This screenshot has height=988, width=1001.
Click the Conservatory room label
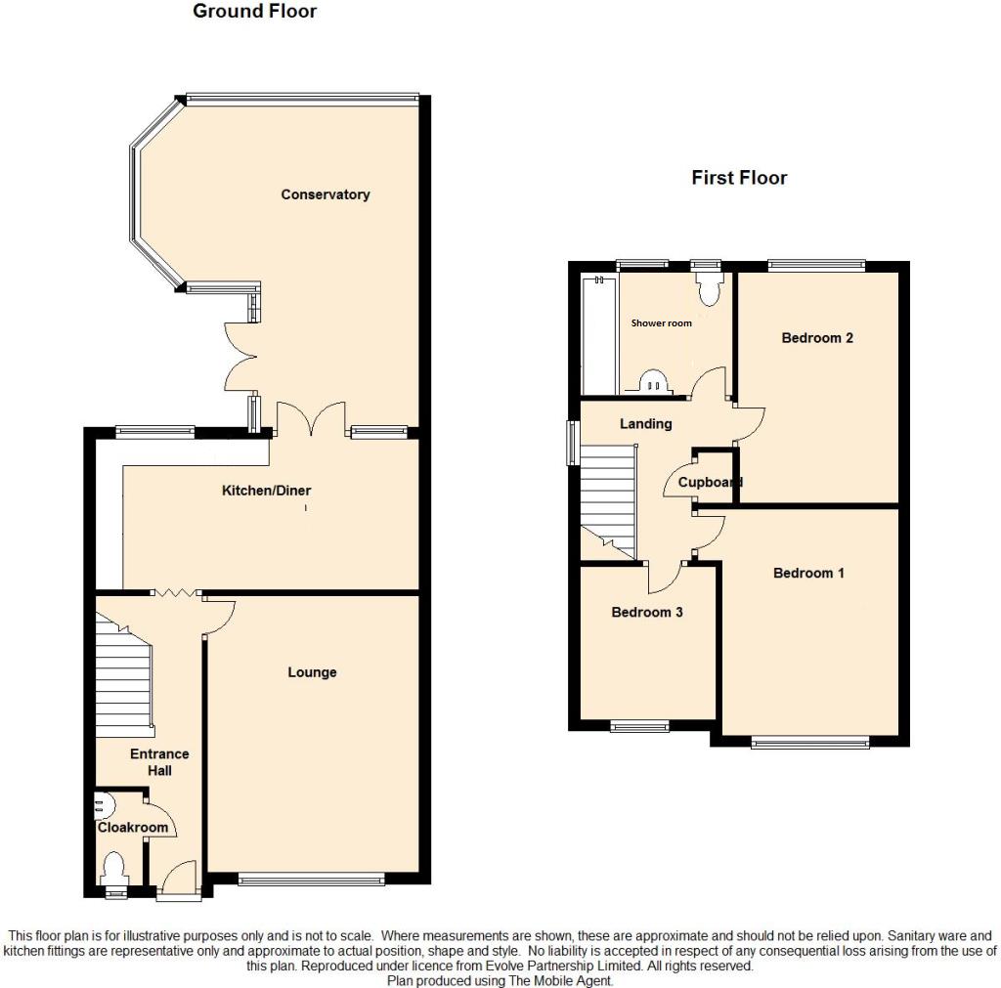(x=325, y=194)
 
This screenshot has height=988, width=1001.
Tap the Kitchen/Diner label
(x=266, y=491)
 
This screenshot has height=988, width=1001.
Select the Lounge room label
(x=312, y=672)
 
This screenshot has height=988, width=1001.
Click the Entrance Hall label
(x=159, y=762)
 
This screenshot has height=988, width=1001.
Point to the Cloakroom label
(x=132, y=827)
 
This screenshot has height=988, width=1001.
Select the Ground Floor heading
(x=254, y=12)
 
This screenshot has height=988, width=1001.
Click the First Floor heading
(x=739, y=178)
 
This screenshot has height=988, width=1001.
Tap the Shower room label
(x=661, y=322)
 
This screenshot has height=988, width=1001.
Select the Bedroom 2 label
(x=817, y=338)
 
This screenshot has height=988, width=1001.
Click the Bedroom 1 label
(x=808, y=573)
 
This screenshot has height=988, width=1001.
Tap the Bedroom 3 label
(x=646, y=613)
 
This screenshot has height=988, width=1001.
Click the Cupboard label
(x=711, y=482)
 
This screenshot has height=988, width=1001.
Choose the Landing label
(x=646, y=424)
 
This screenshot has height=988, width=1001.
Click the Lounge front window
(x=311, y=880)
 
